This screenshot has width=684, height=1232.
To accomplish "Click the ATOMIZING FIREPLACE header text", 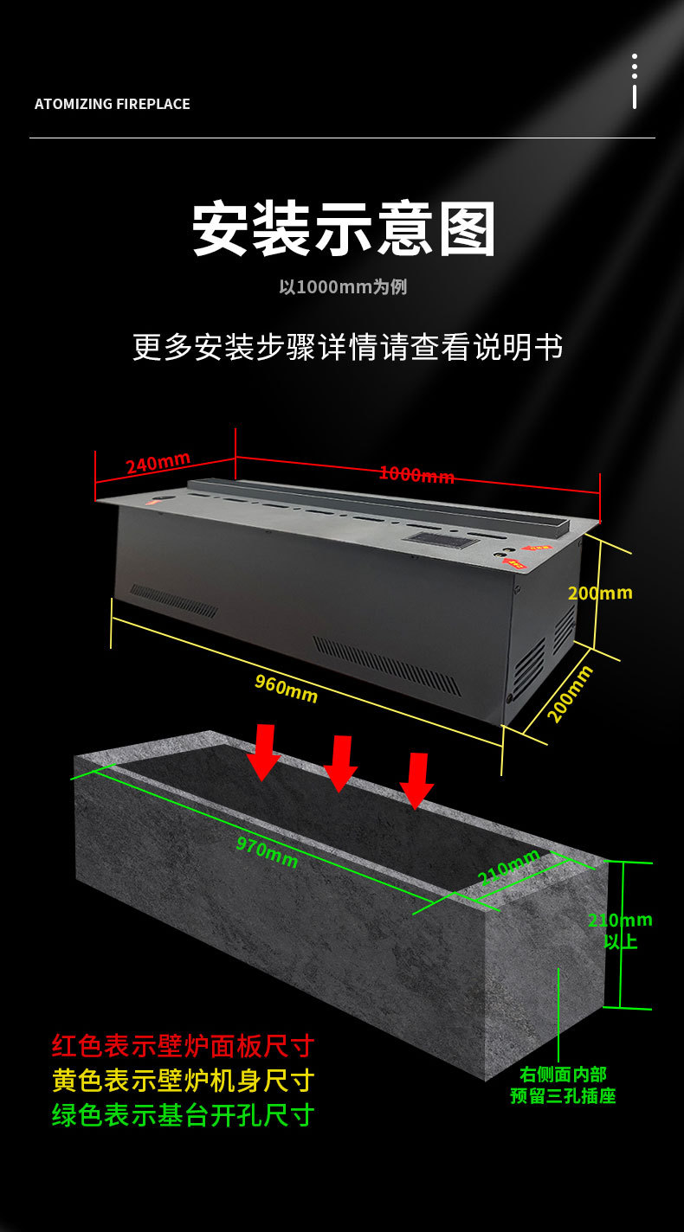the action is [x=112, y=104].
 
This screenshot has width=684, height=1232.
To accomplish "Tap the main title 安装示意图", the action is [x=344, y=229].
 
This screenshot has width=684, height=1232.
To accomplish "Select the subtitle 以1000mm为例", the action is [x=343, y=287].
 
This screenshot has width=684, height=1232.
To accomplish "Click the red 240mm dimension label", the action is [x=158, y=464].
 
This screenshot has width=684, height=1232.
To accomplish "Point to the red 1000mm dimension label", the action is [x=416, y=474].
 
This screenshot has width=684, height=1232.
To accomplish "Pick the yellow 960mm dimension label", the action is [x=286, y=688].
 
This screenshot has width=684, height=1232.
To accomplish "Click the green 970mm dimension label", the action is [x=268, y=853].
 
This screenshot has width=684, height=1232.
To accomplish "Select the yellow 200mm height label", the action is [x=600, y=594].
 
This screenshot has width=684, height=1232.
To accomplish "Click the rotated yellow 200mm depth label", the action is [x=571, y=694].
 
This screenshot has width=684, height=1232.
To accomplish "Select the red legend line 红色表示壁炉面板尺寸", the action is [x=183, y=1045].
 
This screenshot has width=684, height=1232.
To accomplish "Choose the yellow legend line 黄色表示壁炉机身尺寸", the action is [x=183, y=1081].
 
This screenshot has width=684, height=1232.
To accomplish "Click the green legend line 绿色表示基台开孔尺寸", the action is [x=183, y=1115].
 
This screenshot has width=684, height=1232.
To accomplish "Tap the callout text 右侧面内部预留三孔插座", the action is [x=563, y=1085].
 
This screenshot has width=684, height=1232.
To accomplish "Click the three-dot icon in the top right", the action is [x=635, y=80].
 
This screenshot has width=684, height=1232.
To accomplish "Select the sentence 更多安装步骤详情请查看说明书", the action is [x=347, y=346].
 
